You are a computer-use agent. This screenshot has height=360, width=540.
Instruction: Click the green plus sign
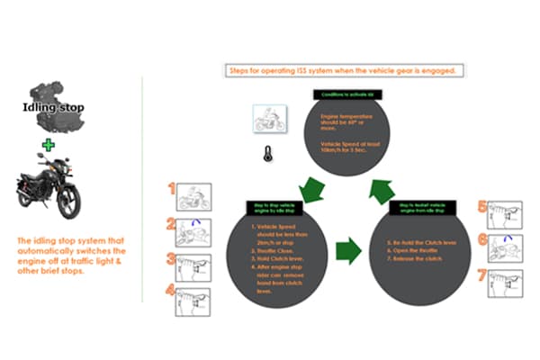49,144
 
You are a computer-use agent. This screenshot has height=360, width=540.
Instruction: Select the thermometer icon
266,153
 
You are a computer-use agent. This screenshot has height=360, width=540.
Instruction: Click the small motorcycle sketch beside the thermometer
269,119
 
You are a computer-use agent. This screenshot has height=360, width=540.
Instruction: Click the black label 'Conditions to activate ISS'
343,94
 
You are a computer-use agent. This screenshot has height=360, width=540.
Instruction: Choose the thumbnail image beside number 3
194,265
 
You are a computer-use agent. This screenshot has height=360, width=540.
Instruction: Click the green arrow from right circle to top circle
380,190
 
